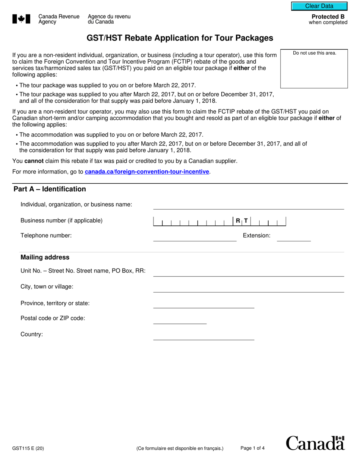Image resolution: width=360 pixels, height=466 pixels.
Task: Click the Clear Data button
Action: click(x=319, y=6)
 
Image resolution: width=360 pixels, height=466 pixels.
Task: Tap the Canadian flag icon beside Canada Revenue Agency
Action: click(x=21, y=19)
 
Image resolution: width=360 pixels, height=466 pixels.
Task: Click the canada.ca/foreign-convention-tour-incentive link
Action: click(x=147, y=172)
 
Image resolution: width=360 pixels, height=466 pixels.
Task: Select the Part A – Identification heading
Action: click(x=50, y=189)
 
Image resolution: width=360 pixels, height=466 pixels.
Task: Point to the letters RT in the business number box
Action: click(x=242, y=221)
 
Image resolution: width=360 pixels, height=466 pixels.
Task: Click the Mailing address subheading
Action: click(x=45, y=257)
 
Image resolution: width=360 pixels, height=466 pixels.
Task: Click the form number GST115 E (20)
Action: click(x=28, y=449)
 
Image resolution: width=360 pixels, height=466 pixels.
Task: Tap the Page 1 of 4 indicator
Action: click(x=252, y=448)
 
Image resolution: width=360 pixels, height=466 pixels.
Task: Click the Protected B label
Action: click(x=328, y=17)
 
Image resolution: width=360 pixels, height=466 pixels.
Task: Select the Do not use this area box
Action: click(x=314, y=69)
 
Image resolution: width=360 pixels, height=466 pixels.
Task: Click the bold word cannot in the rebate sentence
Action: click(x=34, y=161)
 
